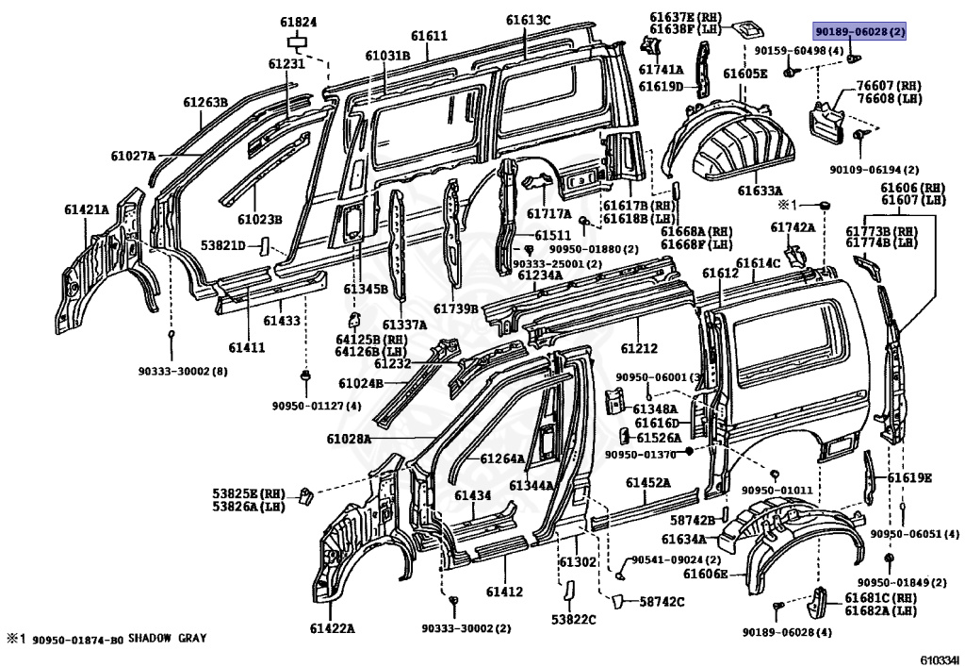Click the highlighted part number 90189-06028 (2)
pyautogui.click(x=859, y=32)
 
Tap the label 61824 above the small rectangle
pyautogui.click(x=299, y=24)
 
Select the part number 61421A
pyautogui.click(x=86, y=210)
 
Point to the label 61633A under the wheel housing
pyautogui.click(x=761, y=191)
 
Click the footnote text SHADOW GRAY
pyautogui.click(x=168, y=639)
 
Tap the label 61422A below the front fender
pyautogui.click(x=333, y=628)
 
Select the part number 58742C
pyautogui.click(x=662, y=602)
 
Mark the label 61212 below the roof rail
pyautogui.click(x=639, y=348)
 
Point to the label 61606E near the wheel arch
pyautogui.click(x=705, y=574)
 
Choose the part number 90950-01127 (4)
pyautogui.click(x=317, y=406)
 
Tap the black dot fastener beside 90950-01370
pyautogui.click(x=689, y=451)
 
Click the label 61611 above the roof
pyautogui.click(x=429, y=36)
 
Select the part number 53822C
pyautogui.click(x=574, y=620)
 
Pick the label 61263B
pyautogui.click(x=205, y=102)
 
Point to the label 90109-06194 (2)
pyautogui.click(x=874, y=170)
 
